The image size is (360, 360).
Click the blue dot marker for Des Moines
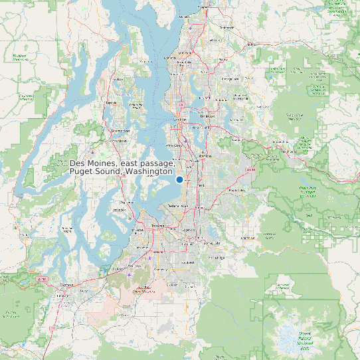[x=179, y=179]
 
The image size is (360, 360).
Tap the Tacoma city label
[x=157, y=226]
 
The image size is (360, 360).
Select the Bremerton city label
[x=120, y=131]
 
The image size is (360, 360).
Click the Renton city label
[x=205, y=155]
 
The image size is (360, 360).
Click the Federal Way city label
[x=178, y=206]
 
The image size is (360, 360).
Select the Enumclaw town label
[x=247, y=236]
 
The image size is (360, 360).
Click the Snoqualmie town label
[x=280, y=141]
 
